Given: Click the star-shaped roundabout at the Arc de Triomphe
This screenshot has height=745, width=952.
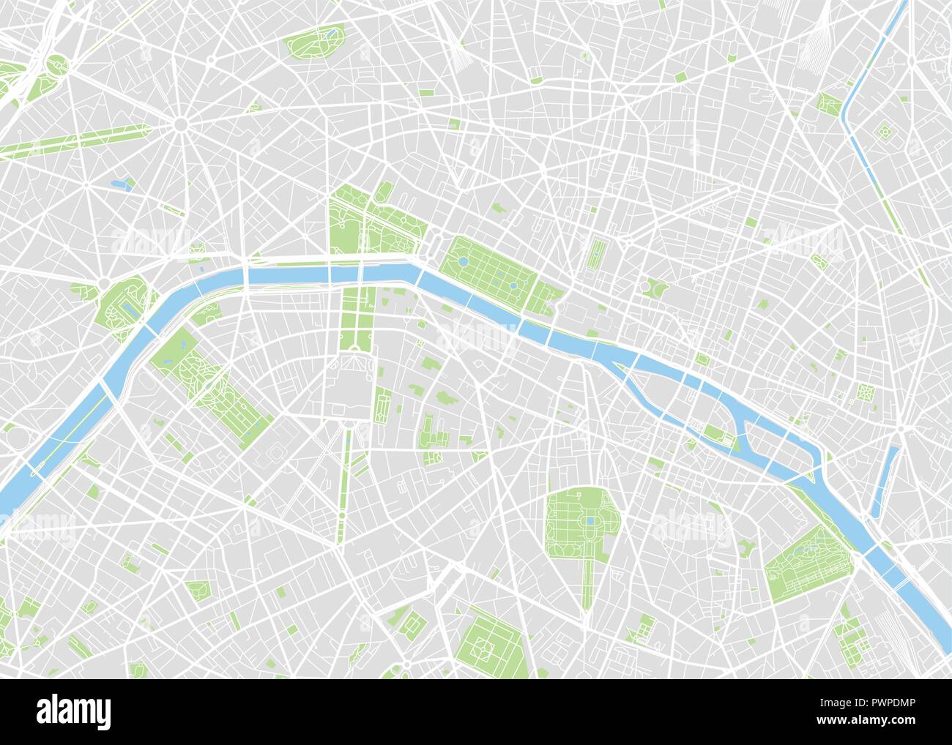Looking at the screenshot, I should (x=180, y=125).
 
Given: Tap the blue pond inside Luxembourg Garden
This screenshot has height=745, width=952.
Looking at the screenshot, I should (x=590, y=521).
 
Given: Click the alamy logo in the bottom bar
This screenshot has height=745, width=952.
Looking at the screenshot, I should (x=74, y=711).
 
